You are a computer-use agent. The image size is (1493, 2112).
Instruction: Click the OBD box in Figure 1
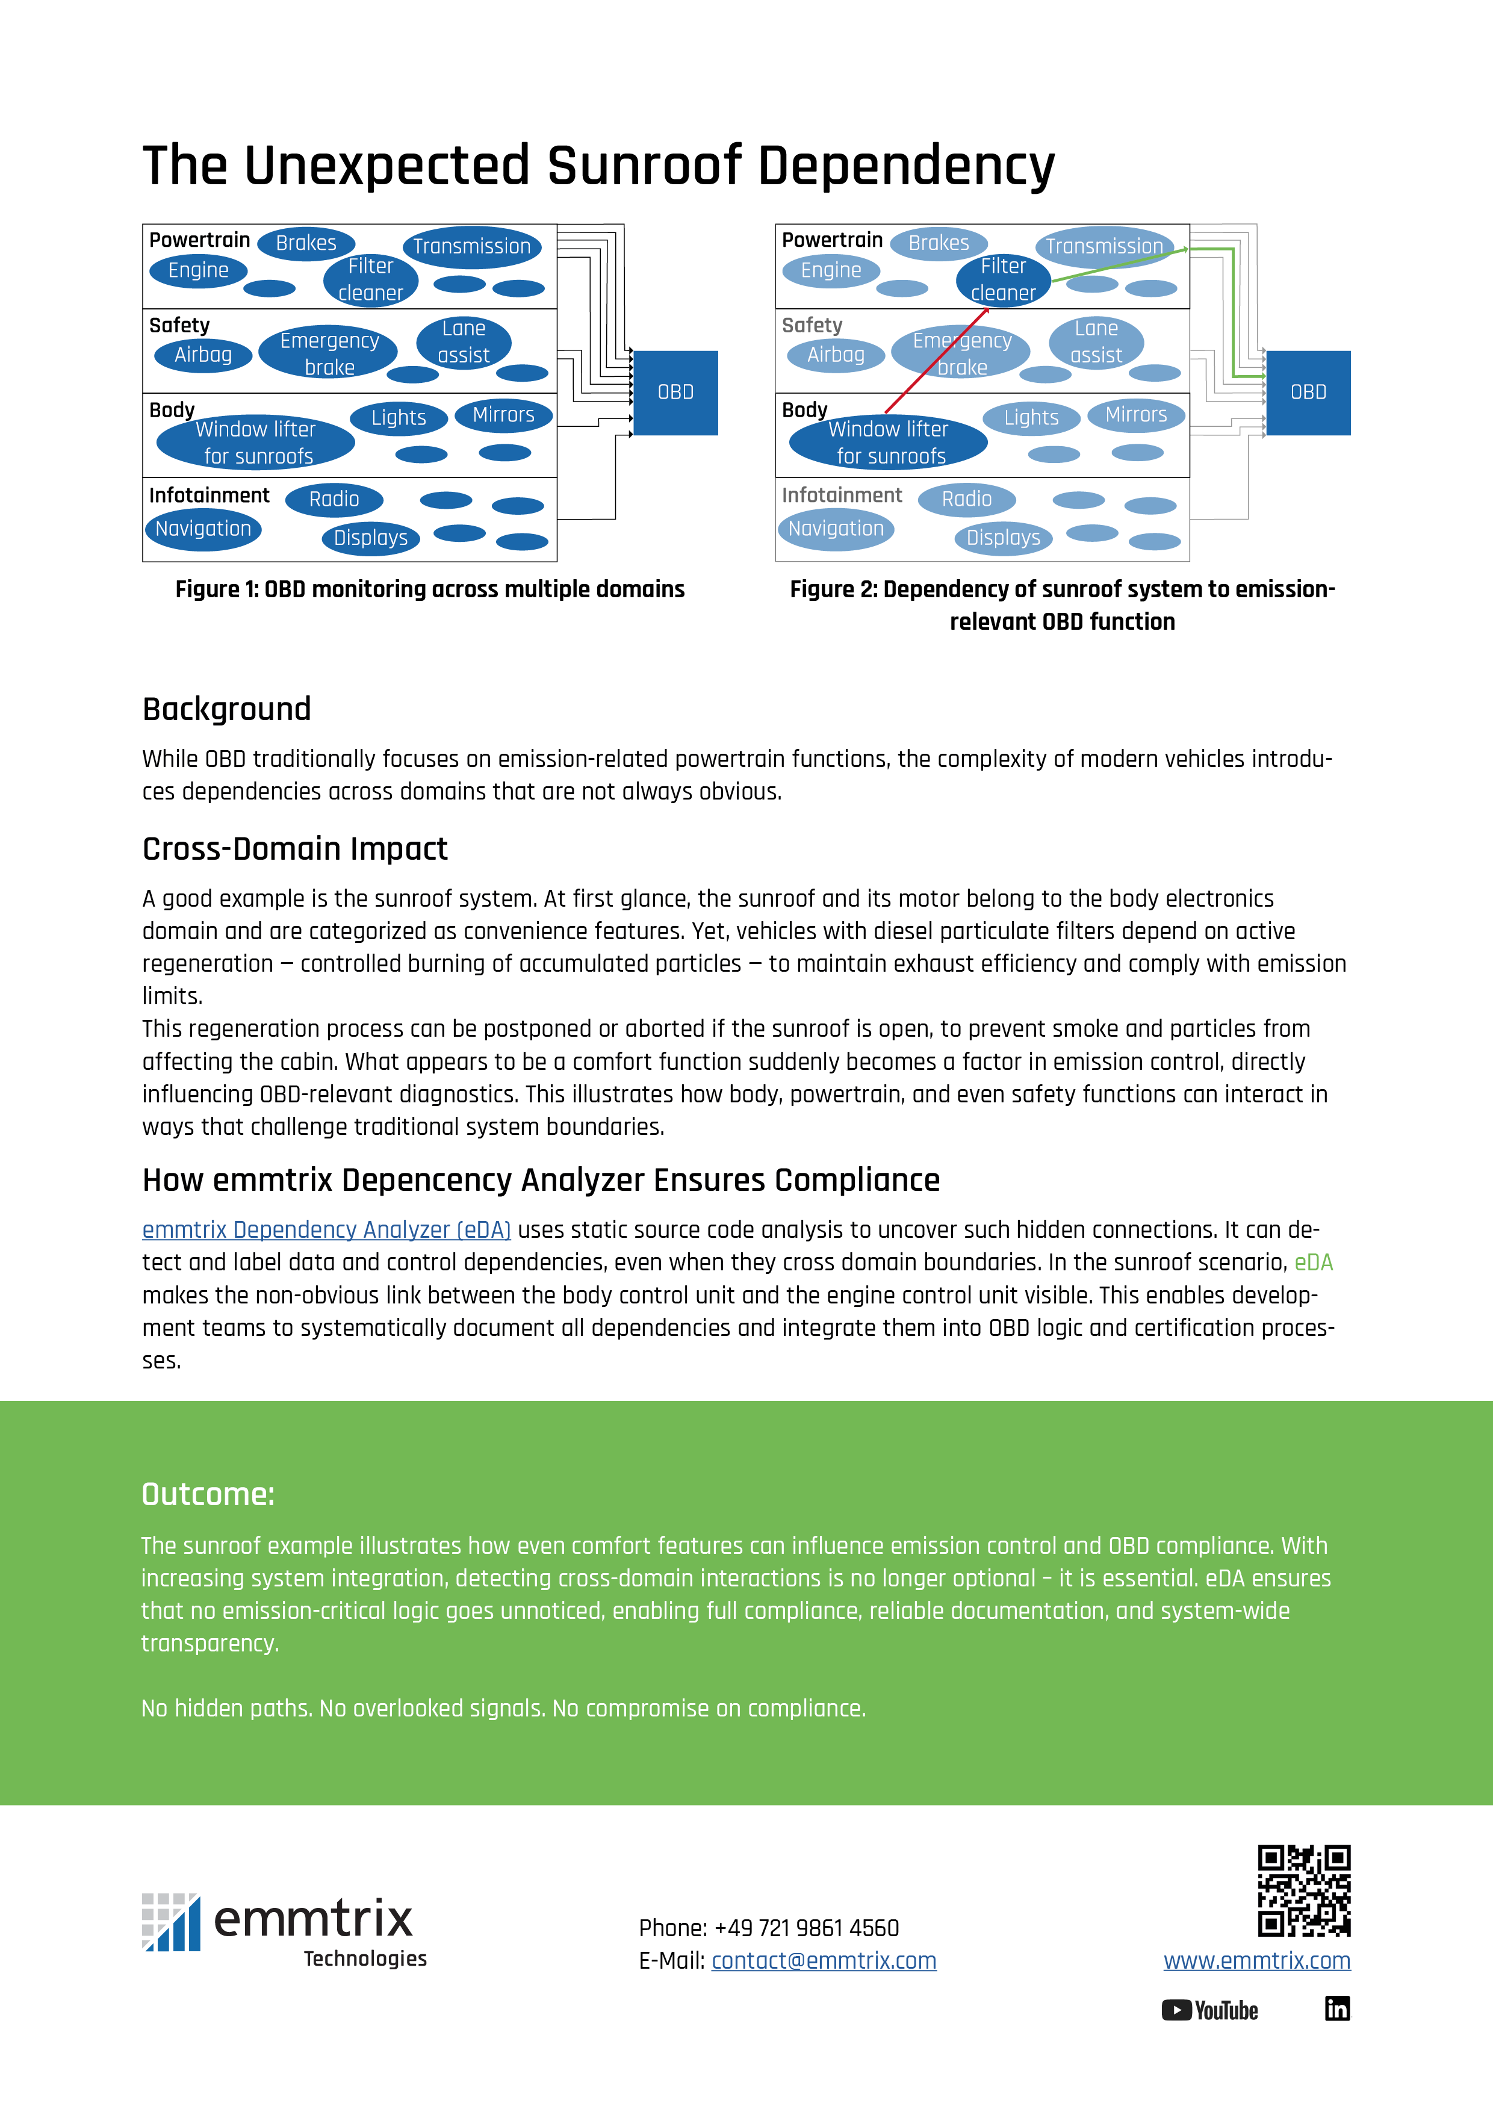[x=675, y=393]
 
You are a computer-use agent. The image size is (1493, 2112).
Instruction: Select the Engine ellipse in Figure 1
[x=198, y=270]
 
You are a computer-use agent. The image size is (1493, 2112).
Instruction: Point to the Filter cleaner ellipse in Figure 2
[x=1003, y=279]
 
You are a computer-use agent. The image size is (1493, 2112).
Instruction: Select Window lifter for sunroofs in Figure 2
[x=889, y=443]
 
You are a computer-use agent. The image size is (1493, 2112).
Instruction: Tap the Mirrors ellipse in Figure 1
[x=503, y=415]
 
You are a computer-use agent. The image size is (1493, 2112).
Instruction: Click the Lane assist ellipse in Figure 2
[x=1096, y=342]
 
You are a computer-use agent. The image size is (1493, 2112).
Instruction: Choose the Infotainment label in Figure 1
[x=209, y=496]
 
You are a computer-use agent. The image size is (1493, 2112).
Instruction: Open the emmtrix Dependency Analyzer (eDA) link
[x=326, y=1230]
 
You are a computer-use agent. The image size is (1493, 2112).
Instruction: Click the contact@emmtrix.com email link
[x=824, y=1960]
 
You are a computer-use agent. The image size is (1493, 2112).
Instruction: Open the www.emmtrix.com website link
[x=1256, y=1960]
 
